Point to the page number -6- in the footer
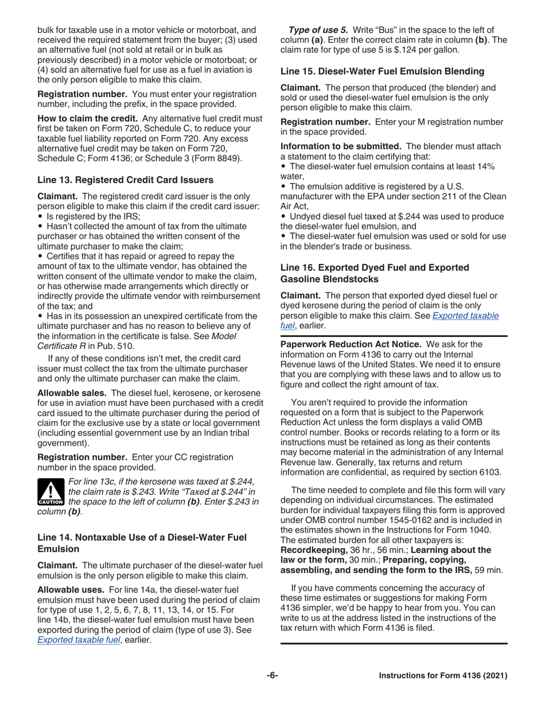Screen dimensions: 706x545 (x=272, y=676)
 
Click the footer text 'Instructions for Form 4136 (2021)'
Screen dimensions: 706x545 (x=443, y=676)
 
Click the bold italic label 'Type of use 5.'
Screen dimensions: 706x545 (x=317, y=29)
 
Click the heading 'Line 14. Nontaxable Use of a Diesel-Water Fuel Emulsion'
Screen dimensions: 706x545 (x=142, y=542)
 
